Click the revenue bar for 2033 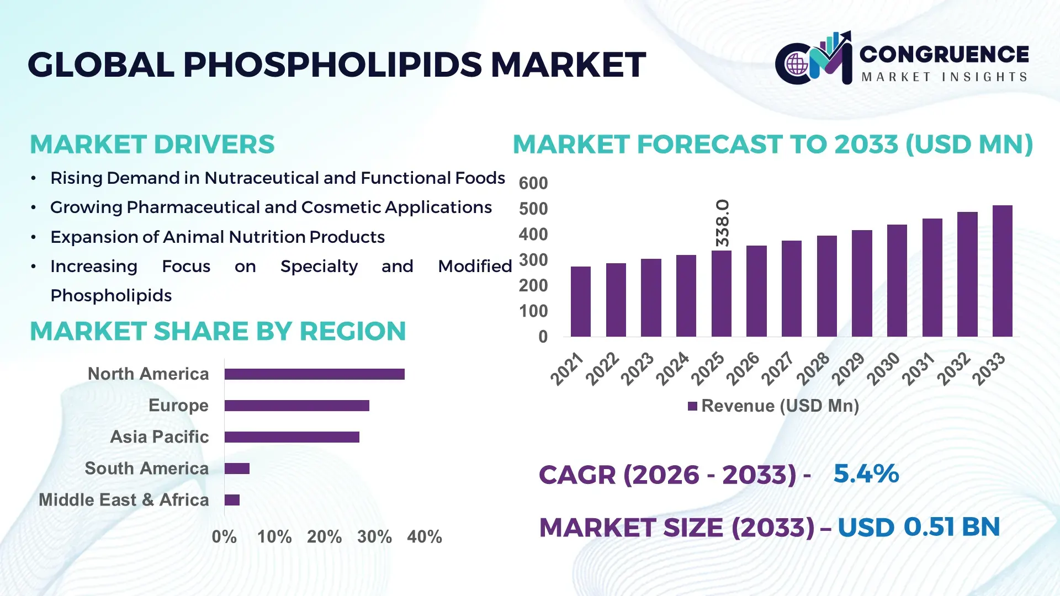pos(1002,271)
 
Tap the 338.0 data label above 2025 pos(722,223)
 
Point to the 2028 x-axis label pos(813,368)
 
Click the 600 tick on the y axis pos(533,183)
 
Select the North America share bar pos(314,374)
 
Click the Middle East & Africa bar pos(232,500)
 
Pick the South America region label pos(146,469)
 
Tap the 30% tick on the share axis pos(374,536)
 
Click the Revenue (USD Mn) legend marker pos(692,406)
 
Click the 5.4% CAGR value pos(866,473)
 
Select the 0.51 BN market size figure pos(951,526)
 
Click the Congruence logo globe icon pos(797,65)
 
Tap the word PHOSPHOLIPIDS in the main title pos(333,65)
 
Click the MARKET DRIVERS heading pos(152,145)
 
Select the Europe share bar pos(296,406)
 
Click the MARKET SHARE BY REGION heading pos(218,331)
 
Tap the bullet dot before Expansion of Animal pos(34,237)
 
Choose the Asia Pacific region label pos(159,437)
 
